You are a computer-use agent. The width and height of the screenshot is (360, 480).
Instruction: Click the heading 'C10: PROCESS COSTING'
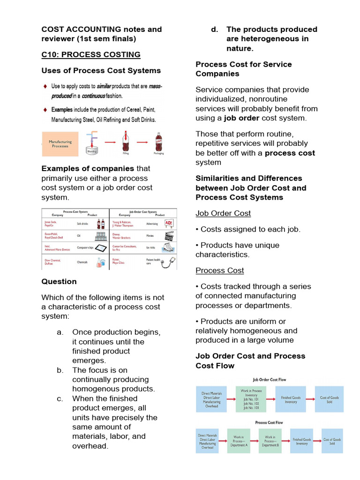tap(91, 54)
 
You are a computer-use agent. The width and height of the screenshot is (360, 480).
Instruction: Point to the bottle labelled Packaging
tap(158, 142)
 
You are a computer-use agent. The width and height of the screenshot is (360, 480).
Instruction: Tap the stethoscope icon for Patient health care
tap(169, 262)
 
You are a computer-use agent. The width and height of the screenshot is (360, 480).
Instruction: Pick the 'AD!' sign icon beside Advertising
tap(169, 223)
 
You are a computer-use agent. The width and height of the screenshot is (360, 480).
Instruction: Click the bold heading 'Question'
tap(59, 281)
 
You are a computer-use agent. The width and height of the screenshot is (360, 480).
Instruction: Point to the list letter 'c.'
tap(60, 398)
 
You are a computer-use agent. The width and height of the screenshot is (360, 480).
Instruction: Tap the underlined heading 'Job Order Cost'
tap(223, 213)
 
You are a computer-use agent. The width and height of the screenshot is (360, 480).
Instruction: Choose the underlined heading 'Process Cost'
tap(220, 270)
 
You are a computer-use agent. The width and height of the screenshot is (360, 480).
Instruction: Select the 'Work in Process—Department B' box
tap(270, 441)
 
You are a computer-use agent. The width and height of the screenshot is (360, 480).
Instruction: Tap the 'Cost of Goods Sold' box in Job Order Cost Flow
tap(329, 399)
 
